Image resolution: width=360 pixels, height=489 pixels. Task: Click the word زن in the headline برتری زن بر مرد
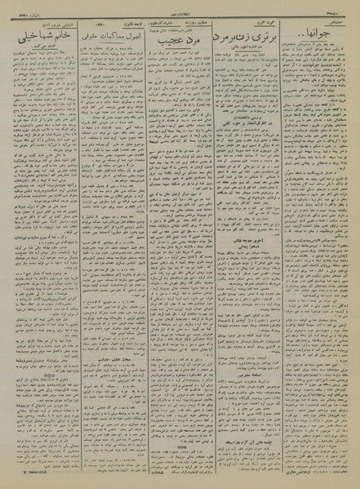tap(245, 38)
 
